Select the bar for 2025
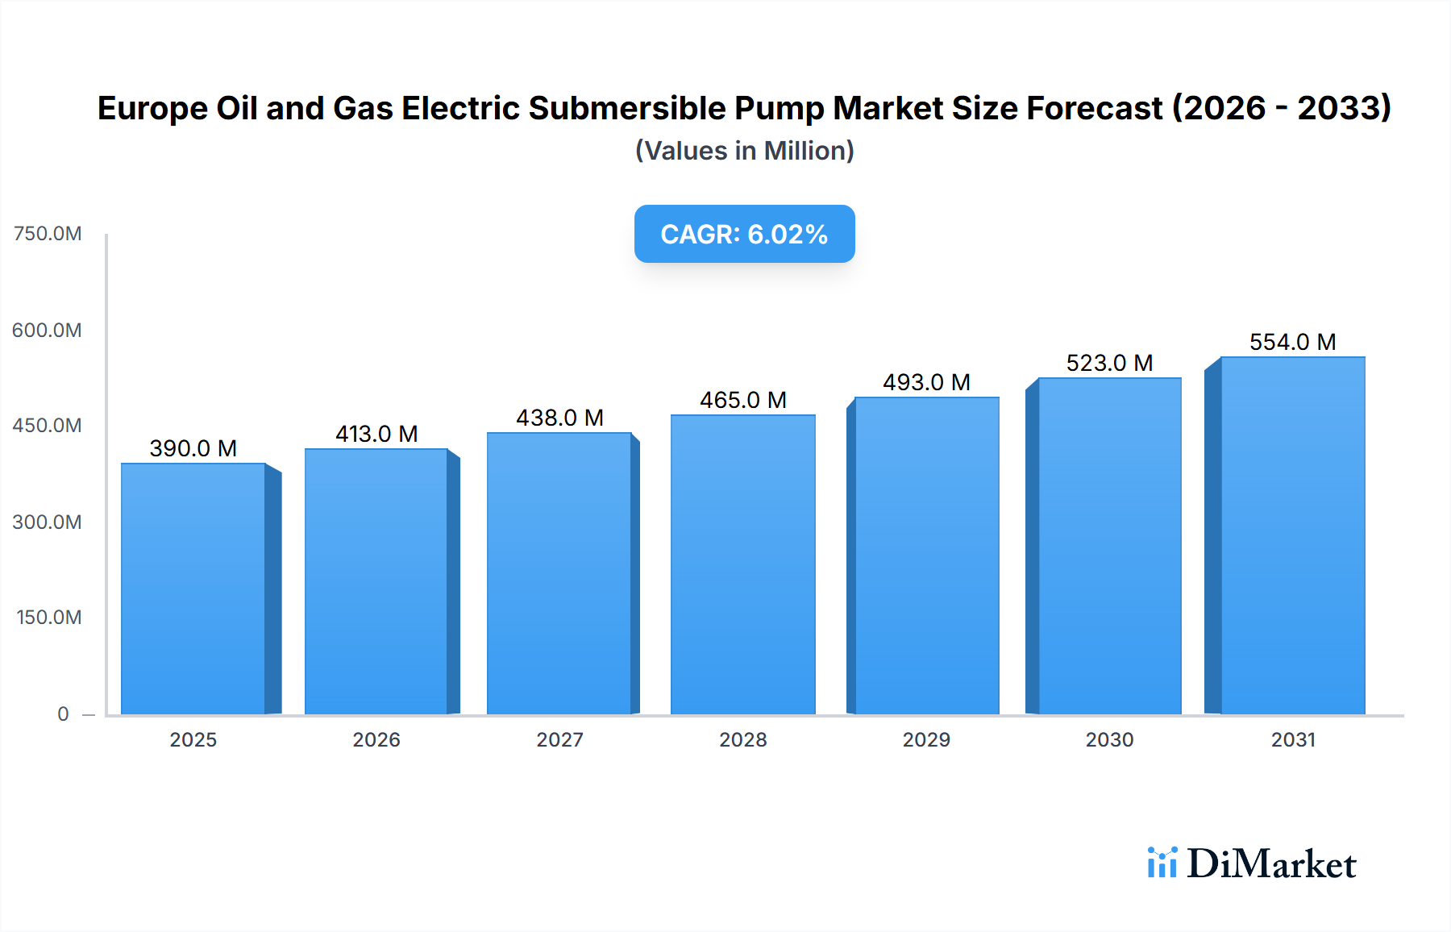[x=193, y=589]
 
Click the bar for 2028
[x=742, y=564]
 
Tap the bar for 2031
[x=1292, y=535]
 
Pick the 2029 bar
[x=926, y=555]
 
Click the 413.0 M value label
[x=376, y=434]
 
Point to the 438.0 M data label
[x=559, y=418]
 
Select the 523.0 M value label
[x=1109, y=363]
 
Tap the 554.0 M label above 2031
[x=1292, y=342]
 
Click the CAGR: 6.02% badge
[x=744, y=234]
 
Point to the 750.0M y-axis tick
[x=48, y=234]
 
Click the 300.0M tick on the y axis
[x=48, y=522]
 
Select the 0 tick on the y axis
[x=63, y=714]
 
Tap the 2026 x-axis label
[x=376, y=739]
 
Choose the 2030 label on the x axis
[x=1109, y=739]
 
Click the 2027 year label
[x=559, y=739]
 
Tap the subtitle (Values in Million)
[x=744, y=151]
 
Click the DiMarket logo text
[x=1271, y=864]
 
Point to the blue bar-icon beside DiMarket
[x=1162, y=863]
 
